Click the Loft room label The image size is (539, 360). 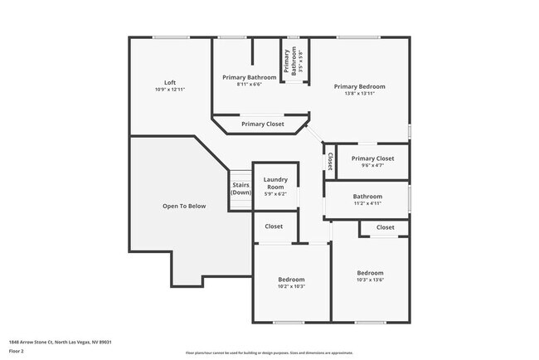pos(170,82)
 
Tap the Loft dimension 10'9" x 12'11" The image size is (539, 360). pos(170,90)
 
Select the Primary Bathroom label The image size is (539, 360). pos(249,77)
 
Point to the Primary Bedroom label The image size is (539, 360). pos(359,86)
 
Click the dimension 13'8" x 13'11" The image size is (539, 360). pos(359,94)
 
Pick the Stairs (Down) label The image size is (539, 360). pos(240,188)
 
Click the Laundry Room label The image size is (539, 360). pos(274,183)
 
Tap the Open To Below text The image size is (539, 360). pos(184,206)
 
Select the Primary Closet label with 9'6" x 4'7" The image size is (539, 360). pos(372,158)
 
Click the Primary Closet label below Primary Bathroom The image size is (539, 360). pos(263,124)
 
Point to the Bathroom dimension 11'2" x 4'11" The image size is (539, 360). pos(367,203)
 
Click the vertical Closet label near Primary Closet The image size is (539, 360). pos(330,161)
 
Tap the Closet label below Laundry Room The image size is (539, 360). pos(274,226)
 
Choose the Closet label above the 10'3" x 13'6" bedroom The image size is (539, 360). pos(386,227)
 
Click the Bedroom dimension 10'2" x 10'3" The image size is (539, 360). pos(291,287)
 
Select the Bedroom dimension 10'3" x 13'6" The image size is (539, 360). pos(370,280)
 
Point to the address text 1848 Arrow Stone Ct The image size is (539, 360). pos(61,342)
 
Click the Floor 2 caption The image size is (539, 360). pos(17,351)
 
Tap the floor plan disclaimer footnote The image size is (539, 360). pos(269,353)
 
